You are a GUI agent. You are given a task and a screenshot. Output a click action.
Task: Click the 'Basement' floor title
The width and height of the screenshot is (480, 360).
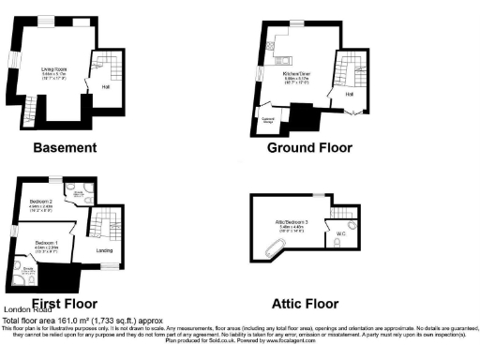pyautogui.click(x=65, y=147)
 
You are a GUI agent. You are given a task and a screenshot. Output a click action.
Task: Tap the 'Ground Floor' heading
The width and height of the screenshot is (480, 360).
pyautogui.click(x=309, y=147)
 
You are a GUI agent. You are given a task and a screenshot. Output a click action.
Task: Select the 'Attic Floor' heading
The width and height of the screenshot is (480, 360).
pyautogui.click(x=305, y=303)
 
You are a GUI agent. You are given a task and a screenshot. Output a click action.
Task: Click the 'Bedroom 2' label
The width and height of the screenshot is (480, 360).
pyautogui.click(x=40, y=202)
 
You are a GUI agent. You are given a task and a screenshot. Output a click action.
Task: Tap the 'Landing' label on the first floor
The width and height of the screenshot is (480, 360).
pyautogui.click(x=106, y=250)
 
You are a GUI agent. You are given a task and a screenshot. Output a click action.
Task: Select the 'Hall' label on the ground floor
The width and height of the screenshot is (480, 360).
pyautogui.click(x=349, y=94)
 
